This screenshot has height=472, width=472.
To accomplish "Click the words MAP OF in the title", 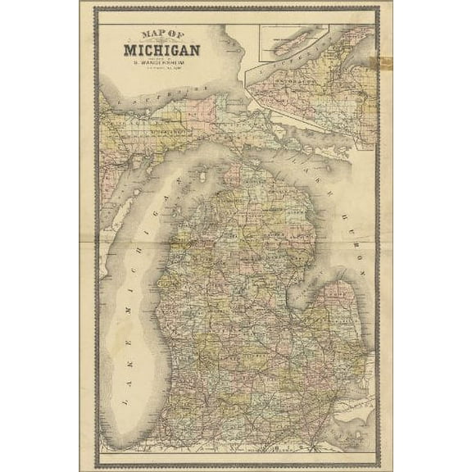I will pyautogui.click(x=161, y=34).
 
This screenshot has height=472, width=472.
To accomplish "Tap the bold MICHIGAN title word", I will pyautogui.click(x=161, y=49).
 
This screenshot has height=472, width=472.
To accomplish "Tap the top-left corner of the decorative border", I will pyautogui.click(x=95, y=9).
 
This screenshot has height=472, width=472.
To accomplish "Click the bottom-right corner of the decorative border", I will pyautogui.click(x=378, y=463).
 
